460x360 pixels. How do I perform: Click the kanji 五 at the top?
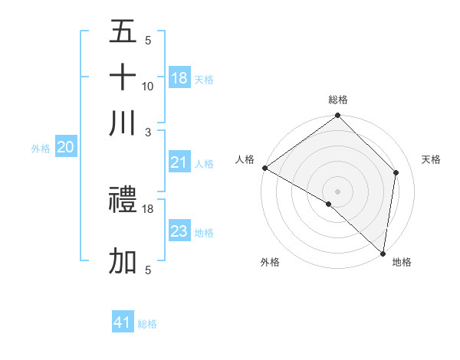[123, 32]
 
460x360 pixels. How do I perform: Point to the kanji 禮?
[123, 201]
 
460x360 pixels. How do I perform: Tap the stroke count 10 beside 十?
[148, 86]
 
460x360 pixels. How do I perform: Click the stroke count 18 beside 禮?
[148, 208]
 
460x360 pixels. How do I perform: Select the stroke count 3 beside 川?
[148, 132]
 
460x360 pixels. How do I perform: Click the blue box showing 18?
[179, 77]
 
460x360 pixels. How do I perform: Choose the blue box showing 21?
[179, 162]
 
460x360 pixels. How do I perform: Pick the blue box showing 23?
[179, 231]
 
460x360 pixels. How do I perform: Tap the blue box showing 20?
[66, 148]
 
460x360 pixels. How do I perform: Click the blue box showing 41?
[123, 322]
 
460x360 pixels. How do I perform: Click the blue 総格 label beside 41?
[147, 324]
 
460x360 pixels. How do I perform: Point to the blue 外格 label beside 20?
[41, 149]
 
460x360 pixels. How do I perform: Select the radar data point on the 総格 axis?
[337, 116]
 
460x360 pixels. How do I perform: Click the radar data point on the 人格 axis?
[264, 168]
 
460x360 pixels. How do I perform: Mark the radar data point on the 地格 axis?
[383, 253]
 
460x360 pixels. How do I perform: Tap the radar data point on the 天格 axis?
[396, 172]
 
